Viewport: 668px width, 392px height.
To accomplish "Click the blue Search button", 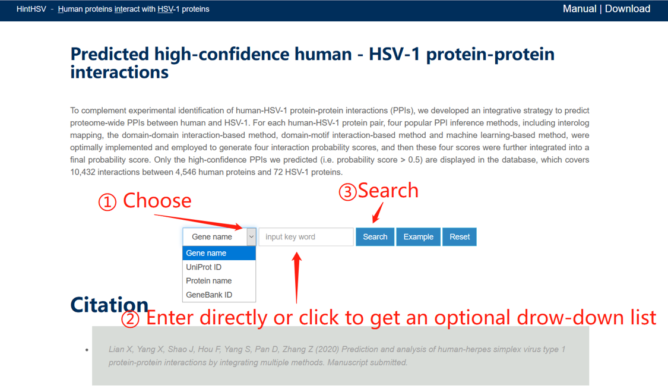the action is tap(375, 237).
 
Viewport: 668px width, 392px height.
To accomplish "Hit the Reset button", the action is tap(459, 237).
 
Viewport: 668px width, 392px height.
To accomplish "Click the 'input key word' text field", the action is tap(306, 237).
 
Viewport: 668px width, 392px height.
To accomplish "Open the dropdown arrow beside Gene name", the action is tap(251, 237).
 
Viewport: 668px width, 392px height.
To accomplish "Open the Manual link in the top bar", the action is tap(580, 9).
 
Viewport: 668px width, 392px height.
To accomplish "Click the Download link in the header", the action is tap(628, 9).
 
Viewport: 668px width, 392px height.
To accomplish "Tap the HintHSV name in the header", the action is tap(31, 10).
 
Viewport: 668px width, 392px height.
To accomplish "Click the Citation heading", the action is tap(109, 305).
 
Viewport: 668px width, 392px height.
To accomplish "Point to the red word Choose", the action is tap(157, 201).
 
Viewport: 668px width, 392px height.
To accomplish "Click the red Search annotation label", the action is tap(388, 191).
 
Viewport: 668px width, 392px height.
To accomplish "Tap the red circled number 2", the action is tap(130, 319).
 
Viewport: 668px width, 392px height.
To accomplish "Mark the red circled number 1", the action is tap(107, 202).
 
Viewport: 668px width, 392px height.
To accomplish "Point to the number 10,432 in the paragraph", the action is tap(84, 172).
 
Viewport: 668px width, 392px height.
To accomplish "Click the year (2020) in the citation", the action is tap(327, 349).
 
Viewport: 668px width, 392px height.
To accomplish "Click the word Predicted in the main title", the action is tap(109, 55).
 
